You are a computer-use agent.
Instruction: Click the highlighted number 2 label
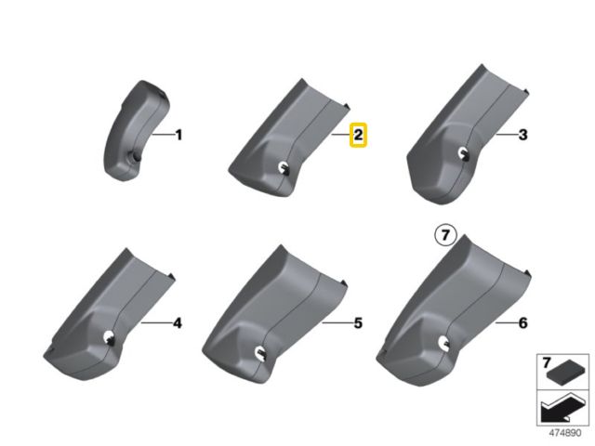click(358, 135)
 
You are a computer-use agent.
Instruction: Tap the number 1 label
click(178, 135)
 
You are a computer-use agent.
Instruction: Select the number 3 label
click(522, 135)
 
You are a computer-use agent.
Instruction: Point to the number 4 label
click(178, 323)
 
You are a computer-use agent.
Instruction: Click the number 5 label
click(358, 323)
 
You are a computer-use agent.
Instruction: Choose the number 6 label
click(522, 323)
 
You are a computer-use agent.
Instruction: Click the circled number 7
click(445, 235)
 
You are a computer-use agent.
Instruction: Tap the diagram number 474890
click(565, 433)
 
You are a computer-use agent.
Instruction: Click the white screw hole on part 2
click(283, 167)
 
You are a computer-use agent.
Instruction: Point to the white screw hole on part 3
click(463, 152)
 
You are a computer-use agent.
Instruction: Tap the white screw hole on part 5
click(260, 351)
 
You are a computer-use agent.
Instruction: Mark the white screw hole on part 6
click(443, 342)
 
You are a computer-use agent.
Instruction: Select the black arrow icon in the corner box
click(561, 408)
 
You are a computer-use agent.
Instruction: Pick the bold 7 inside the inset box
click(547, 362)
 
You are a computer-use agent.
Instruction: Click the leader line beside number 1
click(162, 135)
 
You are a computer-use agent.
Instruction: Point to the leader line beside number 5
click(337, 323)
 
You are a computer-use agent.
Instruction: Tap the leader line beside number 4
click(155, 323)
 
